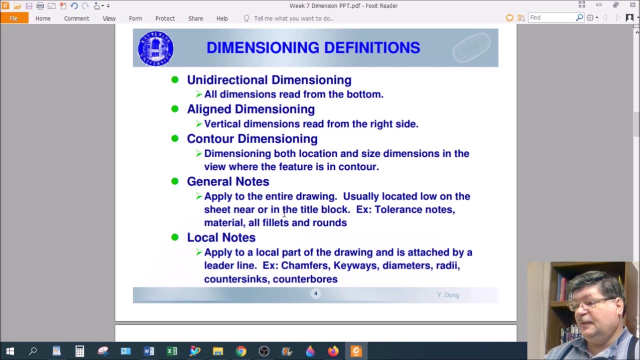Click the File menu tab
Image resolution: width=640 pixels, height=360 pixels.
coord(13,18)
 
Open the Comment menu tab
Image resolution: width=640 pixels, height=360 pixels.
coord(76,18)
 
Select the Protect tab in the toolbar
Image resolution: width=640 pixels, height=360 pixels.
coord(165,18)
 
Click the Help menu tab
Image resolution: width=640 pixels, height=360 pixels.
coord(222,18)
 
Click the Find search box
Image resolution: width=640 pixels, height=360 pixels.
coord(552,18)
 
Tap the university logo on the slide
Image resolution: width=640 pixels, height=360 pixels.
coord(155,48)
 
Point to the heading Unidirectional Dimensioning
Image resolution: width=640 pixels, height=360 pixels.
coord(269,80)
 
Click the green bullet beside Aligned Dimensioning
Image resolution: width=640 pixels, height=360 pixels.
coord(174,108)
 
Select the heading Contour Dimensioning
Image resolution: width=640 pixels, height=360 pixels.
coord(252,139)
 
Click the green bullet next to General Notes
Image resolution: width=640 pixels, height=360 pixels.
coord(174,181)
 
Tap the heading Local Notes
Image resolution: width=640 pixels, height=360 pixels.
coord(221,237)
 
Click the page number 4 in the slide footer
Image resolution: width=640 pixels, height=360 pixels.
coord(315,293)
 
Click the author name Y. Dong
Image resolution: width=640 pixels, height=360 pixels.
coord(448,295)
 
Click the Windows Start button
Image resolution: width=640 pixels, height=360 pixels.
coord(10,351)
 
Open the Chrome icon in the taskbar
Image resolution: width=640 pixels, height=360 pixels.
coord(241,351)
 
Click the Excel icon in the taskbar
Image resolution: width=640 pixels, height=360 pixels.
coord(172,351)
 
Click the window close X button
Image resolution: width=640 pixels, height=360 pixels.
coord(632,5)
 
